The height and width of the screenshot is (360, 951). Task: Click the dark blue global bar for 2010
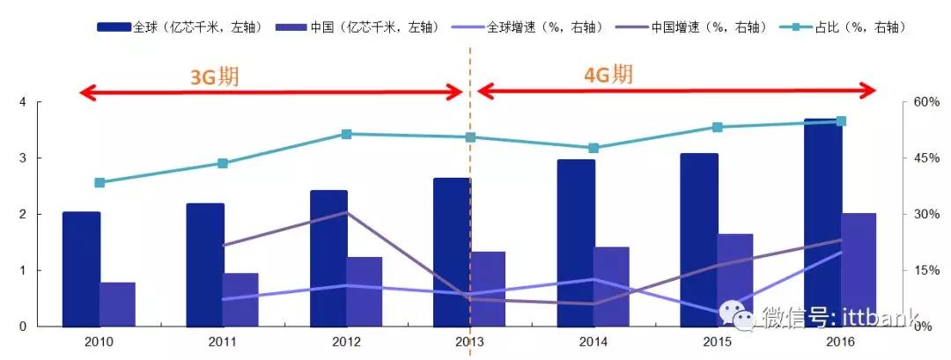point(81,268)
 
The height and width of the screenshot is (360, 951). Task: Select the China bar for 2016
point(859,269)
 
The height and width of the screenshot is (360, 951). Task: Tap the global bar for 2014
point(575,242)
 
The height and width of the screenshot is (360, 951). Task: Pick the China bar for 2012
point(364,291)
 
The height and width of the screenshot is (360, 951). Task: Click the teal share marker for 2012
point(346,134)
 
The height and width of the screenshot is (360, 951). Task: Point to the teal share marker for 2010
point(100,183)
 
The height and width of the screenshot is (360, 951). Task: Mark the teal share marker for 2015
point(718,128)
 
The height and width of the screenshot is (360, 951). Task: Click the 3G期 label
point(215,77)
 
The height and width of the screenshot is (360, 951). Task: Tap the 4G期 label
point(608,75)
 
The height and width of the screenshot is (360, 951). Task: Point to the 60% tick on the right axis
point(925,102)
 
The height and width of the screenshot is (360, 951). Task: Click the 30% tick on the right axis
point(925,214)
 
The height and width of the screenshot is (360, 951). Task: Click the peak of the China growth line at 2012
point(346,212)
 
